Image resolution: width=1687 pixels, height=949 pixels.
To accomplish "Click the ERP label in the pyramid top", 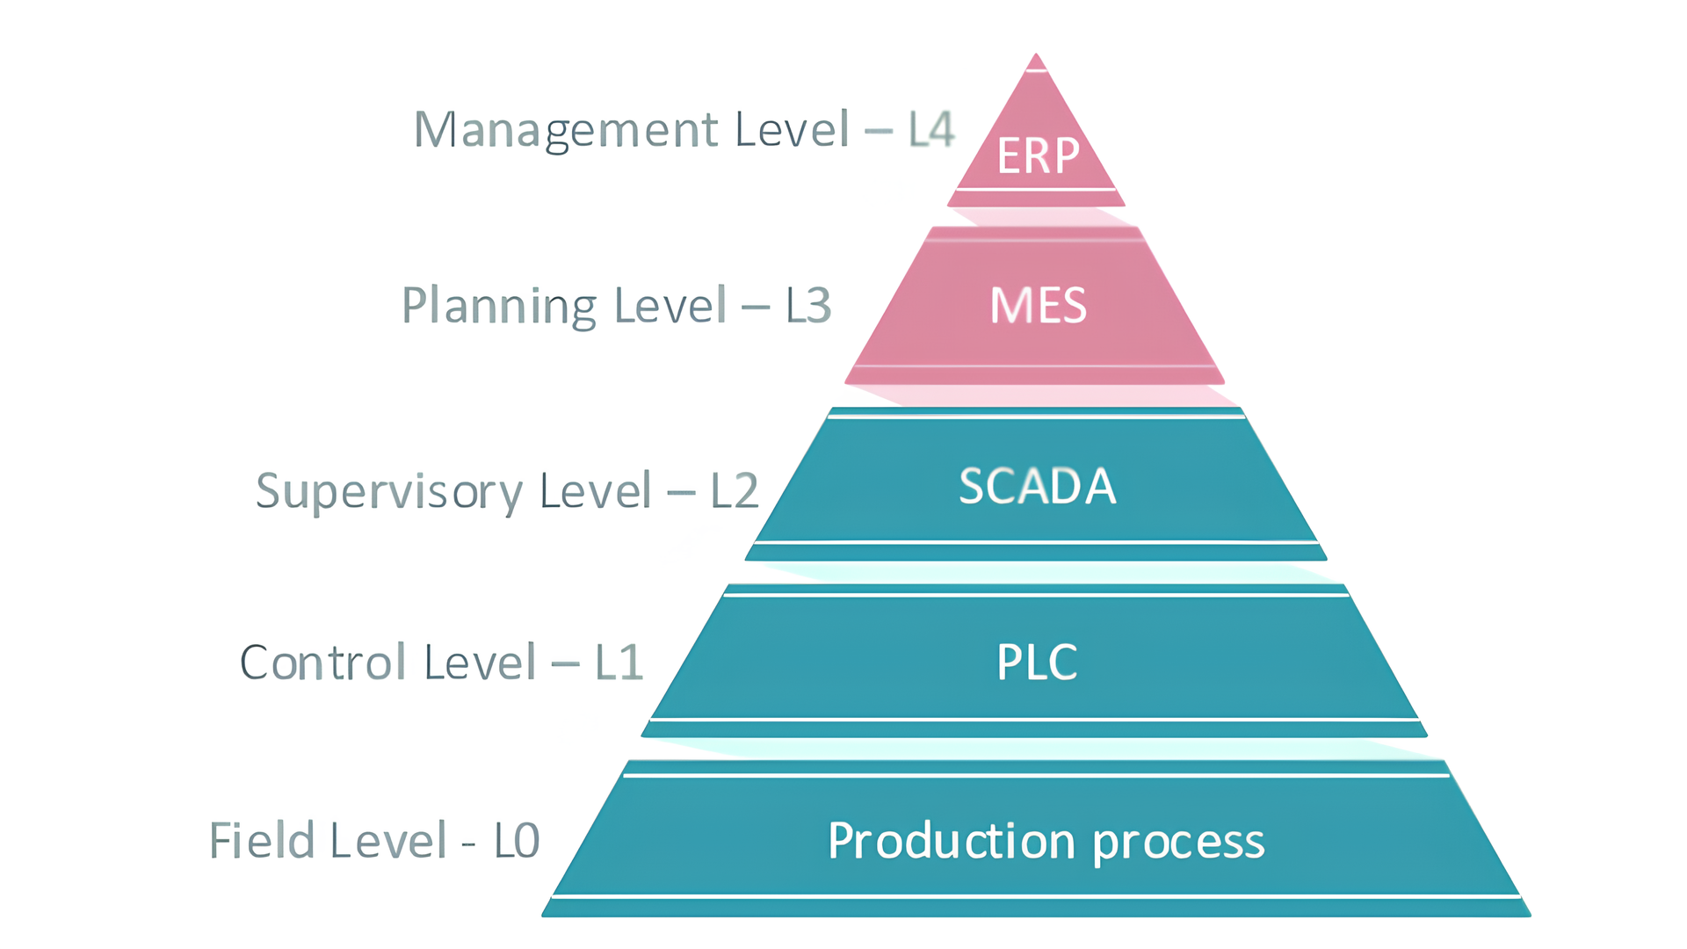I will pyautogui.click(x=1038, y=156).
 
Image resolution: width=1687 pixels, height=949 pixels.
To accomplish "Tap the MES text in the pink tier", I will pyautogui.click(x=1038, y=306).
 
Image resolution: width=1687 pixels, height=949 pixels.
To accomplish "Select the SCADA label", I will pyautogui.click(x=1037, y=486).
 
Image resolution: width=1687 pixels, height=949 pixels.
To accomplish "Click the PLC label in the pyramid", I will pyautogui.click(x=1037, y=663).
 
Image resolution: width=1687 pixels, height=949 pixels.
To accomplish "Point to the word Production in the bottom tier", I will pyautogui.click(x=951, y=841).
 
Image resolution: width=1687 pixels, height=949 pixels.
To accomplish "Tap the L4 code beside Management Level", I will pyautogui.click(x=931, y=130).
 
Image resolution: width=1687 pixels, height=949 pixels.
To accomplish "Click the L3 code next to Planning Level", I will pyautogui.click(x=808, y=306).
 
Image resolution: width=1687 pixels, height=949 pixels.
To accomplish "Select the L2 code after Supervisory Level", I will pyautogui.click(x=735, y=491).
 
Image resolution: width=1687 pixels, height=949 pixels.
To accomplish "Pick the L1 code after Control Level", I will pyautogui.click(x=619, y=663).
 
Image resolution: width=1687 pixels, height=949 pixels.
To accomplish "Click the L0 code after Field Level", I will pyautogui.click(x=517, y=841).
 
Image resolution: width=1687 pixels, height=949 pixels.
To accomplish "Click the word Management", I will pyautogui.click(x=566, y=130).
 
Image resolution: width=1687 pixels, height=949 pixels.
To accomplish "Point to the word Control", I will pyautogui.click(x=323, y=663).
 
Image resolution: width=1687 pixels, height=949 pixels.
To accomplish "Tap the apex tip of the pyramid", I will pyautogui.click(x=1036, y=58).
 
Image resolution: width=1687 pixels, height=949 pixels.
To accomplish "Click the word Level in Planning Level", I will pyautogui.click(x=670, y=306).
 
